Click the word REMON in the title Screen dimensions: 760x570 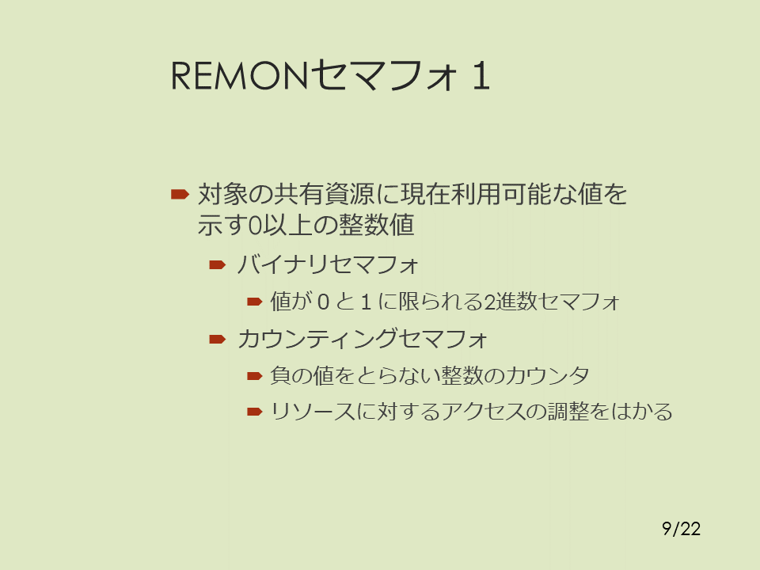(240, 76)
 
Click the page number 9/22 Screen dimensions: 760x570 (681, 529)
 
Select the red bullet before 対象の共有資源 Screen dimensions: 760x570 (180, 195)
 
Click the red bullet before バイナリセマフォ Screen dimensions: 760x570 (218, 264)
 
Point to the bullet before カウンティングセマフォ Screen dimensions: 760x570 (218, 339)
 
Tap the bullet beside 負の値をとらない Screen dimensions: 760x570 (254, 375)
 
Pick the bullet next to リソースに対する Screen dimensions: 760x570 (254, 412)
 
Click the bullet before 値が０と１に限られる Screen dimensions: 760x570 (254, 302)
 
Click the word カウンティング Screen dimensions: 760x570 (318, 339)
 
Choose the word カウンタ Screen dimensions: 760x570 (548, 375)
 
